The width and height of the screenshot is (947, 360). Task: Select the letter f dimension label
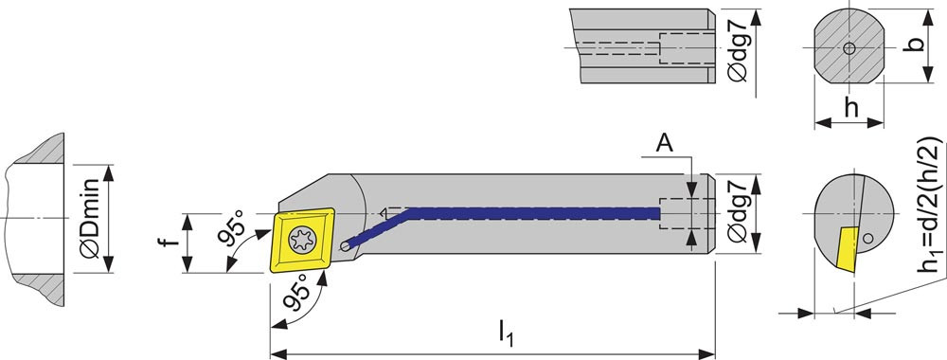[172, 241]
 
